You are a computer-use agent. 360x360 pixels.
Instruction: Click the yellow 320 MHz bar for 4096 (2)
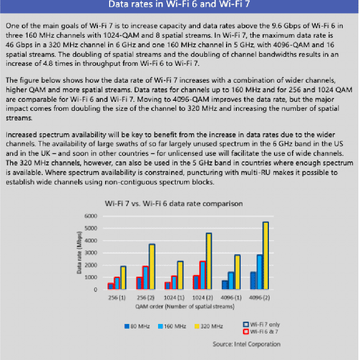click(x=265, y=255)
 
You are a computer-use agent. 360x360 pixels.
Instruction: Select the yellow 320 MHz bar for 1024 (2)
click(x=209, y=261)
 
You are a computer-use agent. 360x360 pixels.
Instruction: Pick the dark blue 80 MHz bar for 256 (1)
click(x=111, y=286)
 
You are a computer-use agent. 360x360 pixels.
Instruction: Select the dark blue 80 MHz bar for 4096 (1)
click(x=224, y=285)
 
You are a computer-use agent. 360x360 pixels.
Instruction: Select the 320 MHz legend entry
click(x=209, y=326)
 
